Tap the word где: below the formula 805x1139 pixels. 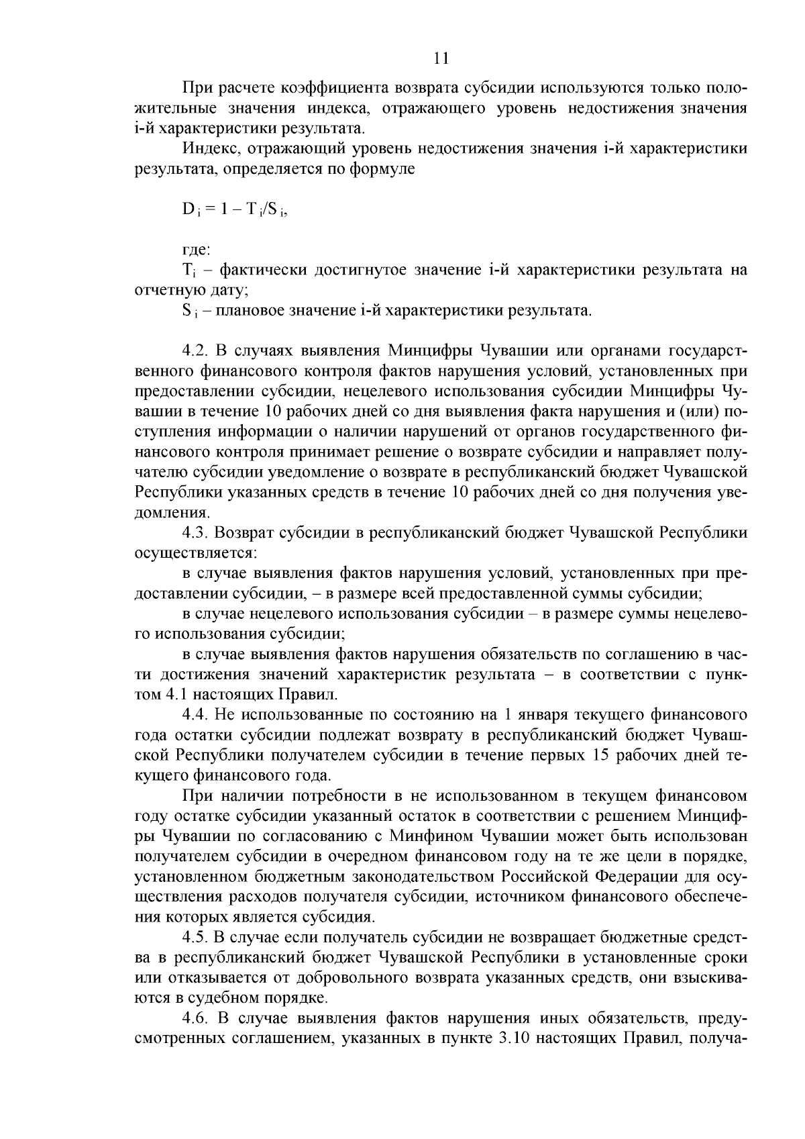tap(196, 250)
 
